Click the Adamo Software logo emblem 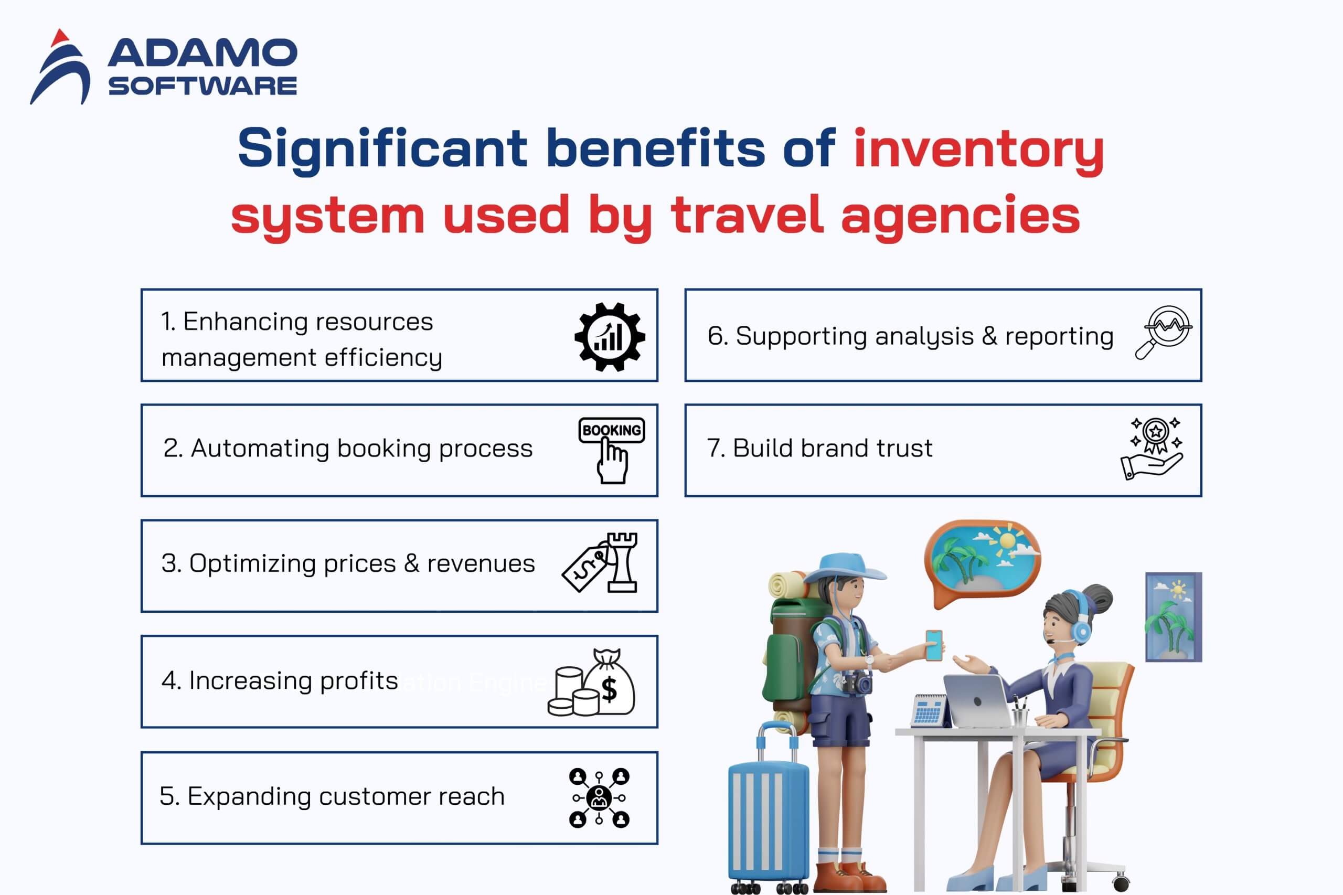point(60,67)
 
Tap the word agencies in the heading point(960,216)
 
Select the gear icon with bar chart point(610,337)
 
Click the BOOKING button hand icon point(612,450)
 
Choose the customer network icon point(599,797)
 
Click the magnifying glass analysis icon point(1163,332)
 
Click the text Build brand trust point(819,449)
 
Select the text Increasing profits point(280,681)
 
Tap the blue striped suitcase point(768,816)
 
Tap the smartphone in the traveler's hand point(934,645)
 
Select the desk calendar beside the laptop point(929,711)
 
